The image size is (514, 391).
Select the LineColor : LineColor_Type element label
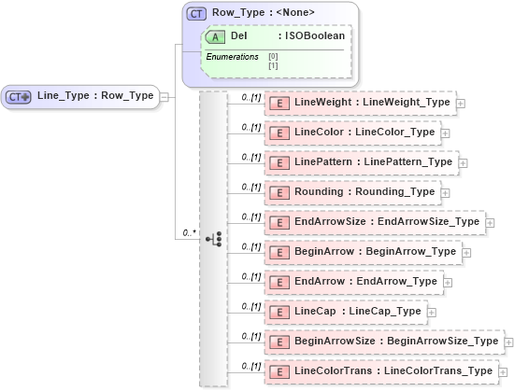[x=364, y=132]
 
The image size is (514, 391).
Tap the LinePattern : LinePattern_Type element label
[x=373, y=161]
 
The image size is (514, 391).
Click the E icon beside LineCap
[x=278, y=312]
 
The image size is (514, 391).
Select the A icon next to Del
[x=215, y=35]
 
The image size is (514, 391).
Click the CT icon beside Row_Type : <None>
[x=197, y=13]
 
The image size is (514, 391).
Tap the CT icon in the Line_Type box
[x=20, y=96]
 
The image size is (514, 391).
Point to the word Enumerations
[x=232, y=57]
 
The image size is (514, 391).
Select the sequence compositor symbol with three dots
[x=213, y=239]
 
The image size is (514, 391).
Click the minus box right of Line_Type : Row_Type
[x=164, y=96]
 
